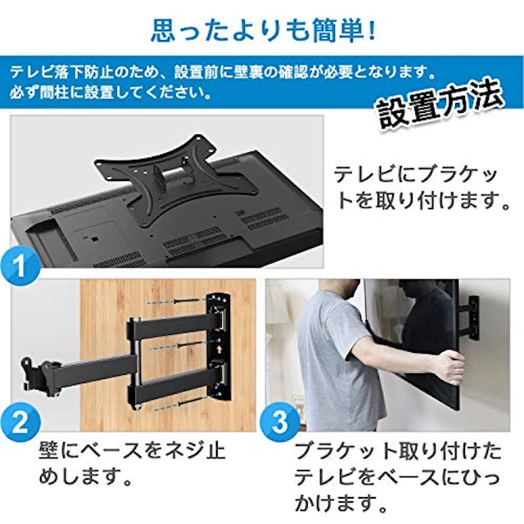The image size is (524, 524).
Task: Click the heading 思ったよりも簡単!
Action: tap(262, 30)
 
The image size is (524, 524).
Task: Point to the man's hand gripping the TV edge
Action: tap(449, 366)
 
